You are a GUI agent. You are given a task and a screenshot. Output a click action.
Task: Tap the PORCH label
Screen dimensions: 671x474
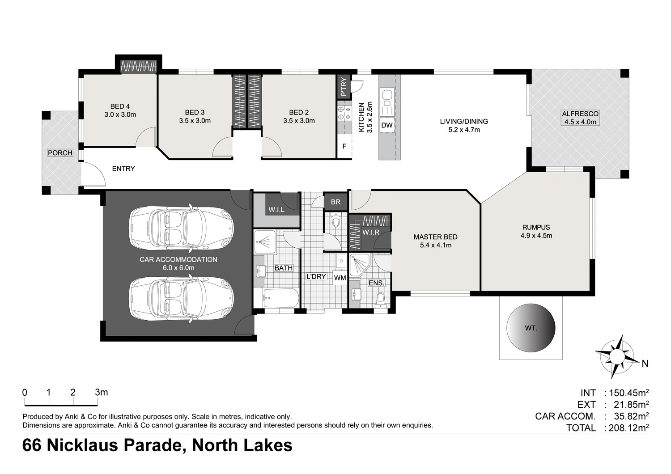point(60,153)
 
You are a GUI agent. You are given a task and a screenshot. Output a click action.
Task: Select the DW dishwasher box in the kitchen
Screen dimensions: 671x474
point(387,125)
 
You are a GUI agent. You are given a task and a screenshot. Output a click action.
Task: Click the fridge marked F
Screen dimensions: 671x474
point(344,146)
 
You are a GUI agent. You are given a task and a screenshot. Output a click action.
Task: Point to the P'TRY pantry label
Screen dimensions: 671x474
point(344,87)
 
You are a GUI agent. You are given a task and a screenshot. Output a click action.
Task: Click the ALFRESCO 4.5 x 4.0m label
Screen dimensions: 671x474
point(580,118)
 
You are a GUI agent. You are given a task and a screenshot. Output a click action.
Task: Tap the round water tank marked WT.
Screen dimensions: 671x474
point(531,328)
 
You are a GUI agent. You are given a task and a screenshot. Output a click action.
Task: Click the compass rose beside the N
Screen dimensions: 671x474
point(616,357)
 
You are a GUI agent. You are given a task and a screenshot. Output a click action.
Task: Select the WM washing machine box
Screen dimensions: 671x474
point(340,278)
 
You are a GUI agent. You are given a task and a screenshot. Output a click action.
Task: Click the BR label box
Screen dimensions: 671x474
point(335,202)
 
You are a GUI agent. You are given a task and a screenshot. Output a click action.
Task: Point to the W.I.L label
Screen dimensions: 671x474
point(276,210)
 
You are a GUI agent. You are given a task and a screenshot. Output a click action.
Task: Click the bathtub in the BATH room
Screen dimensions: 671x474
point(276,298)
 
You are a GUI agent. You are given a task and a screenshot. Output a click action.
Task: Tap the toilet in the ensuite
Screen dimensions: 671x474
point(380,300)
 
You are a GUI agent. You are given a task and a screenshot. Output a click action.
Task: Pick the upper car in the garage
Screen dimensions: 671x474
point(182,227)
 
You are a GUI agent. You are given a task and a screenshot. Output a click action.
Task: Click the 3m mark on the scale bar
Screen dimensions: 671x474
point(101,393)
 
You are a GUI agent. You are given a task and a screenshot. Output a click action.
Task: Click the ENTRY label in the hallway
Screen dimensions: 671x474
point(123,169)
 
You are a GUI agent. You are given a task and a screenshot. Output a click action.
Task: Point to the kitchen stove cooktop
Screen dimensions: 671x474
point(344,113)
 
